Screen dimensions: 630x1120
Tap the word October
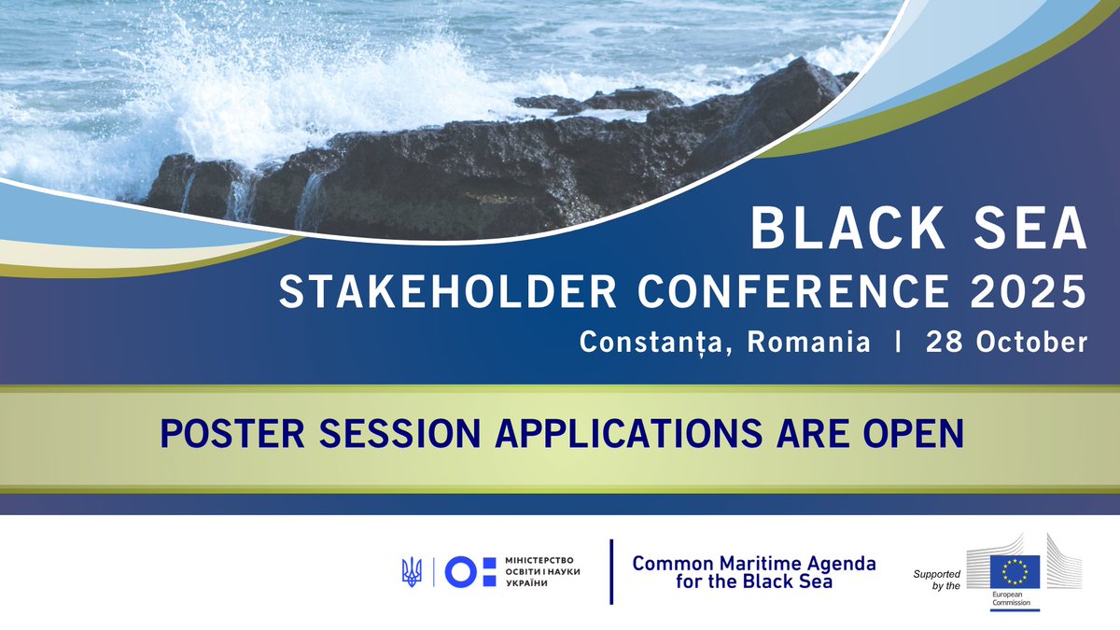[1031, 343]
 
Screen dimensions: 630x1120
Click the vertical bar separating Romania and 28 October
[898, 343]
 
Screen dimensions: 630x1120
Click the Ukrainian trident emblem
[411, 571]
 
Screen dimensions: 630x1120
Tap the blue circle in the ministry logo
[461, 571]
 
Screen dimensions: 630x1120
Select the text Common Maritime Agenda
[754, 564]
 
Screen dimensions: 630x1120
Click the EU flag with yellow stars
[1015, 568]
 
